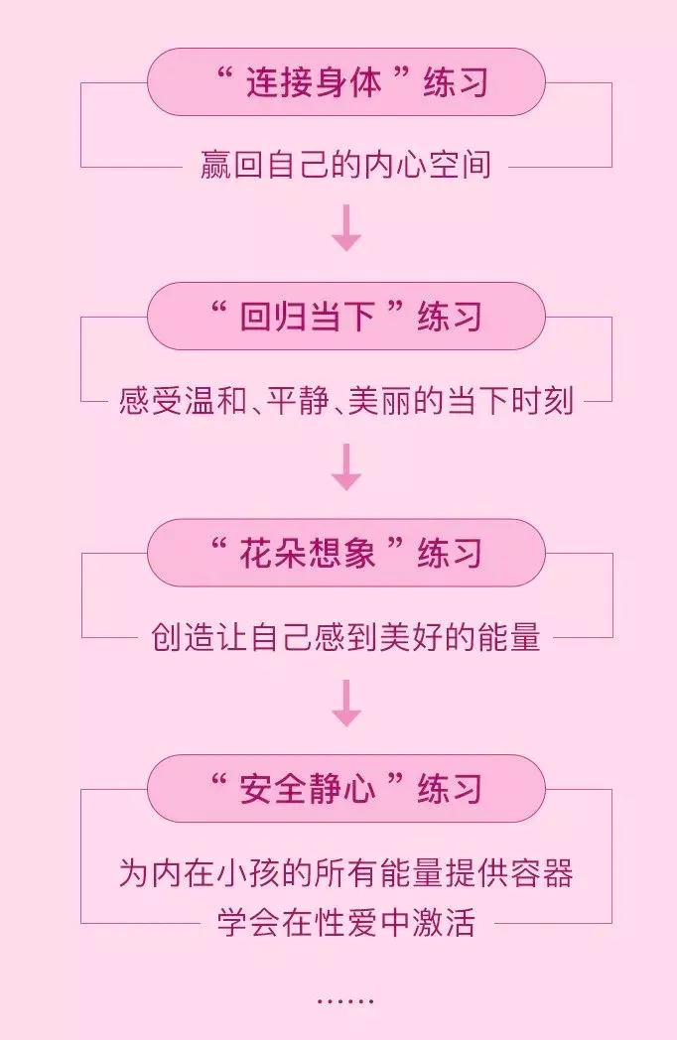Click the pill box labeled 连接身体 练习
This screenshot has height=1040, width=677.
pyautogui.click(x=345, y=81)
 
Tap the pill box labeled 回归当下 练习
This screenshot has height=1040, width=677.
pyautogui.click(x=345, y=317)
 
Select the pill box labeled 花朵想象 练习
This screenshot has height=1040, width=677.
pyautogui.click(x=345, y=553)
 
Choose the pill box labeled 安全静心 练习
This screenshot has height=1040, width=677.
pyautogui.click(x=345, y=788)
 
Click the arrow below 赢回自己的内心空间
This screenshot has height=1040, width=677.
pyautogui.click(x=346, y=228)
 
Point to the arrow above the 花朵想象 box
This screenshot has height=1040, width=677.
pyautogui.click(x=346, y=465)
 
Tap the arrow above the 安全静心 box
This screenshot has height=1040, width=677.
pyautogui.click(x=346, y=702)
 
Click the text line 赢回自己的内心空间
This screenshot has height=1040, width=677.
pyautogui.click(x=345, y=165)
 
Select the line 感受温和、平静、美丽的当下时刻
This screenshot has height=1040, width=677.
pyautogui.click(x=345, y=401)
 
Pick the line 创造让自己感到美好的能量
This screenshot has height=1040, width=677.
pyautogui.click(x=345, y=637)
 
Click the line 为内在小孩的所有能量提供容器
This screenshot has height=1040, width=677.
pyautogui.click(x=345, y=873)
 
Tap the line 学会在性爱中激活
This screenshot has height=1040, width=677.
pyautogui.click(x=345, y=923)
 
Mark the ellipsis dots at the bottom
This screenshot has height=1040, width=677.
pyautogui.click(x=345, y=1001)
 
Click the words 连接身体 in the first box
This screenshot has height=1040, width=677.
pyautogui.click(x=314, y=81)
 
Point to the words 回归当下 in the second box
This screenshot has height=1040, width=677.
pyautogui.click(x=308, y=317)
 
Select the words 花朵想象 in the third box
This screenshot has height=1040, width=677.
pyautogui.click(x=308, y=553)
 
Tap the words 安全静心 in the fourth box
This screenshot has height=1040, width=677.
pyautogui.click(x=308, y=788)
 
